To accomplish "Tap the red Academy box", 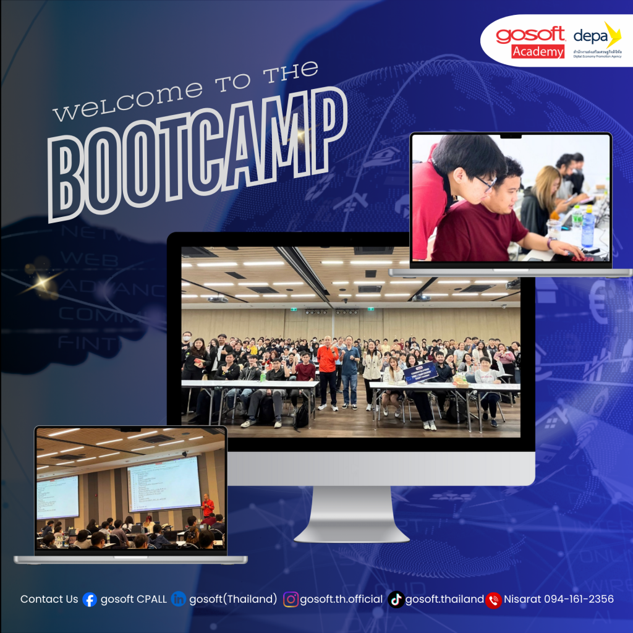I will pos(538,52).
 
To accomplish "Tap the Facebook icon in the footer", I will pos(90,600).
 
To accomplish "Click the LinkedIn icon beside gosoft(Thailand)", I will pos(179,600).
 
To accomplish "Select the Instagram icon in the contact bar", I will pos(291,600).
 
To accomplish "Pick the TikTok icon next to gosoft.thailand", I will pos(396,600).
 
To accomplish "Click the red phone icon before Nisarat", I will pos(493,600).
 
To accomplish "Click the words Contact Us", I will pos(49,599).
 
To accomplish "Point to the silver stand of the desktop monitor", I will pos(350,513).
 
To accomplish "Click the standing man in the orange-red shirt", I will pos(328,371).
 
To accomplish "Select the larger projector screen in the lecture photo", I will pos(164,483).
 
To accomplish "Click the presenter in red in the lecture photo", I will pos(208,506).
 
